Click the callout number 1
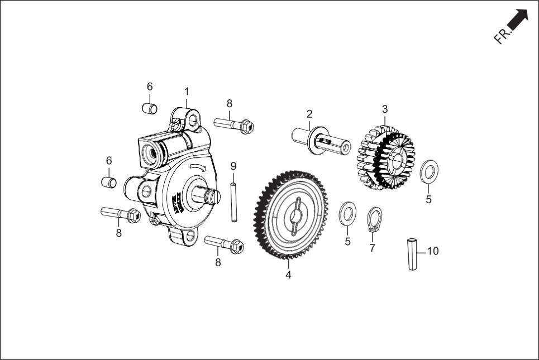(187, 91)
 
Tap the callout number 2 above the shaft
(309, 114)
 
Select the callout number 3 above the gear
(385, 108)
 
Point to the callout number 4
(288, 275)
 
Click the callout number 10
(433, 251)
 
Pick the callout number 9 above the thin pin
(233, 166)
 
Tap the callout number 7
(373, 248)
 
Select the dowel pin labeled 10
(413, 255)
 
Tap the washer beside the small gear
(429, 171)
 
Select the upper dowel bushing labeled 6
(149, 107)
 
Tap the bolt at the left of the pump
(120, 213)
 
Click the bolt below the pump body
(224, 244)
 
